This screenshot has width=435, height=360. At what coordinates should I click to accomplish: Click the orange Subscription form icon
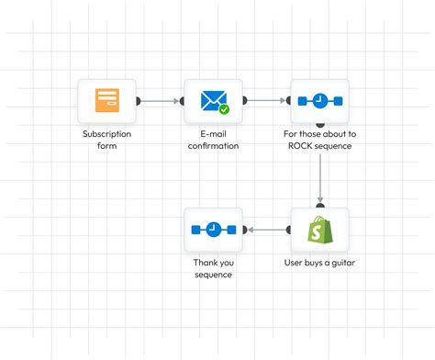click(x=106, y=99)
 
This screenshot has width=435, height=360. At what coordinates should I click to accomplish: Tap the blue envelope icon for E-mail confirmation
click(x=212, y=99)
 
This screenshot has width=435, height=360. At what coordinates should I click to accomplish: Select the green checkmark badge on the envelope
click(x=224, y=109)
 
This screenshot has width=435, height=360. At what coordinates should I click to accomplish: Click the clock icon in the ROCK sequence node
click(x=319, y=100)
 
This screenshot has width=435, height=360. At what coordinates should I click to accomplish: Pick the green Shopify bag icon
click(x=319, y=230)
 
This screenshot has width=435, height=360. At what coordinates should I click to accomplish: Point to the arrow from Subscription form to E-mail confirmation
click(x=161, y=101)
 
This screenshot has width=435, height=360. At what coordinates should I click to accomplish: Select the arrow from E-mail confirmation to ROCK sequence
click(x=266, y=101)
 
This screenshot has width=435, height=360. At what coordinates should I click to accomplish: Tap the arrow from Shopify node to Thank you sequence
click(x=266, y=230)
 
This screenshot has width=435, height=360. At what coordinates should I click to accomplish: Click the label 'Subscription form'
click(x=106, y=140)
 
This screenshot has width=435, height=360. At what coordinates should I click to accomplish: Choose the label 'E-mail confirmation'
click(x=213, y=140)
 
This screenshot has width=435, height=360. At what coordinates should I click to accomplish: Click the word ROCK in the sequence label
click(x=300, y=146)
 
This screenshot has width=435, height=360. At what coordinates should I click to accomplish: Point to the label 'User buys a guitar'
click(x=319, y=262)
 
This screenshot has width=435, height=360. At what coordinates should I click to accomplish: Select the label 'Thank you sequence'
click(x=213, y=267)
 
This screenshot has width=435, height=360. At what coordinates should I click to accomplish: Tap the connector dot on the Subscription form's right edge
click(x=138, y=101)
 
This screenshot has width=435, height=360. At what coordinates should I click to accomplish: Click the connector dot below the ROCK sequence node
click(x=319, y=123)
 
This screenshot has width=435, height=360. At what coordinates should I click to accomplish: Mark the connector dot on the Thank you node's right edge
click(x=244, y=230)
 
